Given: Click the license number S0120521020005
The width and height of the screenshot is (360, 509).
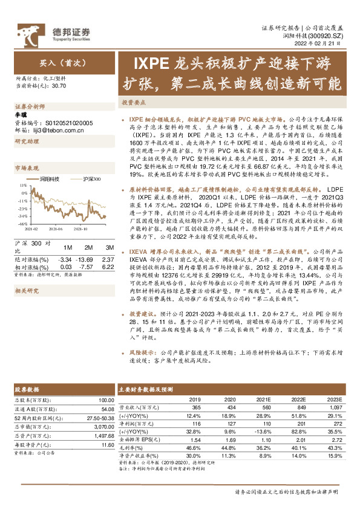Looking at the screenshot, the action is tap(67, 123).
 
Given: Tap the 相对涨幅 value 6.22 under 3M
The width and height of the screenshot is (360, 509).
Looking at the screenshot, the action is tap(108, 266).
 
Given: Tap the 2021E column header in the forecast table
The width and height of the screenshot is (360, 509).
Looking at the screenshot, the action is tap(263, 399).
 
